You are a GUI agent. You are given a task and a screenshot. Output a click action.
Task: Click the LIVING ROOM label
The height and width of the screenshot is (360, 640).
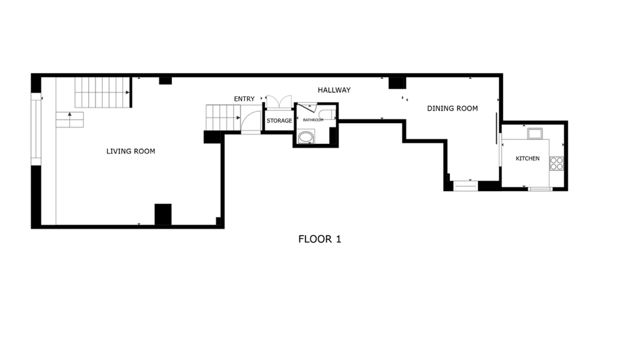tap(131, 151)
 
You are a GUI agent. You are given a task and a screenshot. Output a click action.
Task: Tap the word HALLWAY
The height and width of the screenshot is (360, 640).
tap(334, 90)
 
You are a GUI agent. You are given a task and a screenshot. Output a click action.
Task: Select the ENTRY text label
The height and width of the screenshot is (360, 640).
tap(244, 99)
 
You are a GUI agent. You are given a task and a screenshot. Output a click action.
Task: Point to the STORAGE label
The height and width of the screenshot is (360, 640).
tap(279, 121)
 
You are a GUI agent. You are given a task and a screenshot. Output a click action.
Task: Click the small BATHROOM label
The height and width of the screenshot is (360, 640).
tap(313, 120)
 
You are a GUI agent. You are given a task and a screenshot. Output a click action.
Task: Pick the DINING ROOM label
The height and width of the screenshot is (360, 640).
tap(452, 108)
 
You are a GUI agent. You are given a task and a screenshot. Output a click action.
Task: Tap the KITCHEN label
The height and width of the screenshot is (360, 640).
tap(527, 158)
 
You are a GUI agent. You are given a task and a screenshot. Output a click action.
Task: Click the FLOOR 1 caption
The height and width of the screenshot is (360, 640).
tap(319, 239)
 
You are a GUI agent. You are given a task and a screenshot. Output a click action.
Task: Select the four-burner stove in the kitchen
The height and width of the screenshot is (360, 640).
tap(556, 163)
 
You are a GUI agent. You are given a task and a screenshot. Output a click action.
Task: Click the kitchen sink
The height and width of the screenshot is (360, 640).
tap(535, 134)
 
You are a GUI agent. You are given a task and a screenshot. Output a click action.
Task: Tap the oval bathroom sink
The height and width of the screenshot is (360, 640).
tap(306, 137)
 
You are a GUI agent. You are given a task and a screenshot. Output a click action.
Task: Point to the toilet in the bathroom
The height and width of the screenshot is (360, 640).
tap(327, 115)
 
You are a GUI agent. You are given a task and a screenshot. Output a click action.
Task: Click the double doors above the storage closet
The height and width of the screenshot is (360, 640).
tap(279, 102)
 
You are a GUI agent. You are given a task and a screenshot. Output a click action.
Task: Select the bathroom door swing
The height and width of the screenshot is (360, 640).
tap(307, 107)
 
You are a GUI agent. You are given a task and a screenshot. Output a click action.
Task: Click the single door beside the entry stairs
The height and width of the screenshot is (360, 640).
tap(251, 122)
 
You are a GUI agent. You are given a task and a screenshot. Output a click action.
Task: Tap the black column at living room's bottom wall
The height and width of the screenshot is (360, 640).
tap(163, 214)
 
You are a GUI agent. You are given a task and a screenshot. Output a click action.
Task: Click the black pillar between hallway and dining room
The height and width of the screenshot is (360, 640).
tap(397, 83)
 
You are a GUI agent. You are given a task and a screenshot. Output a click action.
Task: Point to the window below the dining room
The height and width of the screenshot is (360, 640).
tap(466, 186)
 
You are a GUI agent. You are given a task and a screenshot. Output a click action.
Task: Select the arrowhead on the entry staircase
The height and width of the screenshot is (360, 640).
tap(238, 118)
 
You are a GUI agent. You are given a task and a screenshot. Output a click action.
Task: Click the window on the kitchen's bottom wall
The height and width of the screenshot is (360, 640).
tap(540, 189)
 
